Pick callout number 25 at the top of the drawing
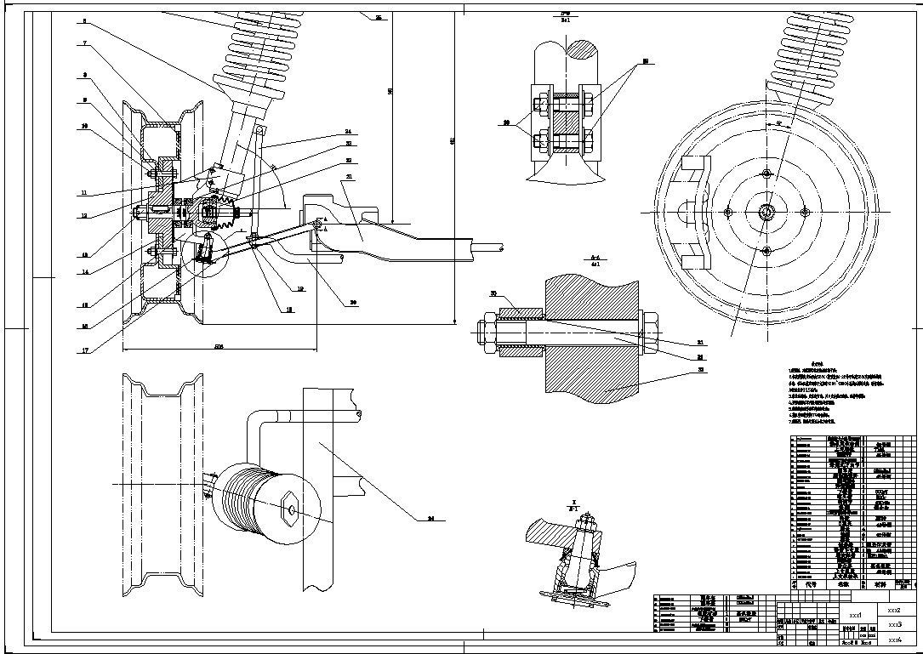coord(378,18)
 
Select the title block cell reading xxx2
coord(892,610)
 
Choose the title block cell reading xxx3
coord(892,624)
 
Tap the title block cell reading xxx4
coord(892,640)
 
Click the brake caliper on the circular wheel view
coord(691,211)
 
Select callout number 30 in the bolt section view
coord(493,293)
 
